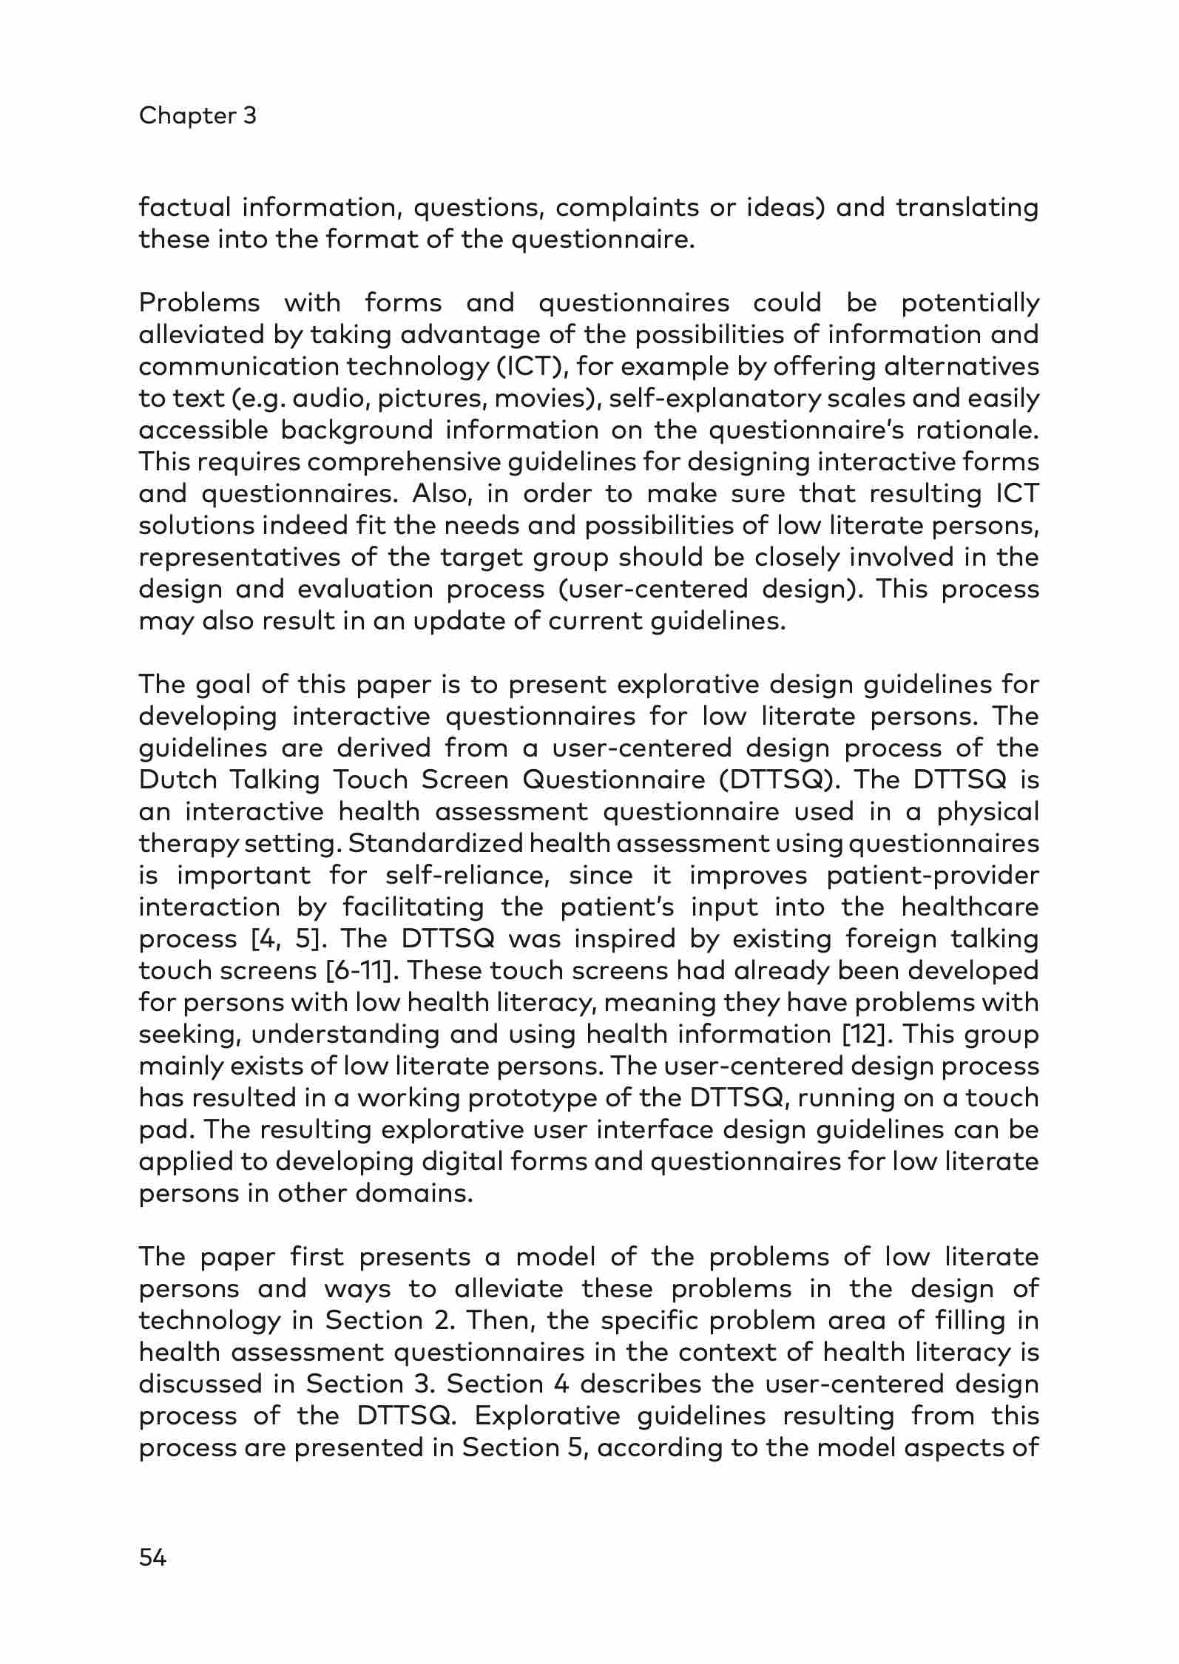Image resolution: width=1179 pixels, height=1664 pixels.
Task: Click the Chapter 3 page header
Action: [x=197, y=115]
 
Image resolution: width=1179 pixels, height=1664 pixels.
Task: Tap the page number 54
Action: [x=153, y=1558]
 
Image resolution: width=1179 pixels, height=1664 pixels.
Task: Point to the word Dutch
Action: [x=178, y=780]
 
